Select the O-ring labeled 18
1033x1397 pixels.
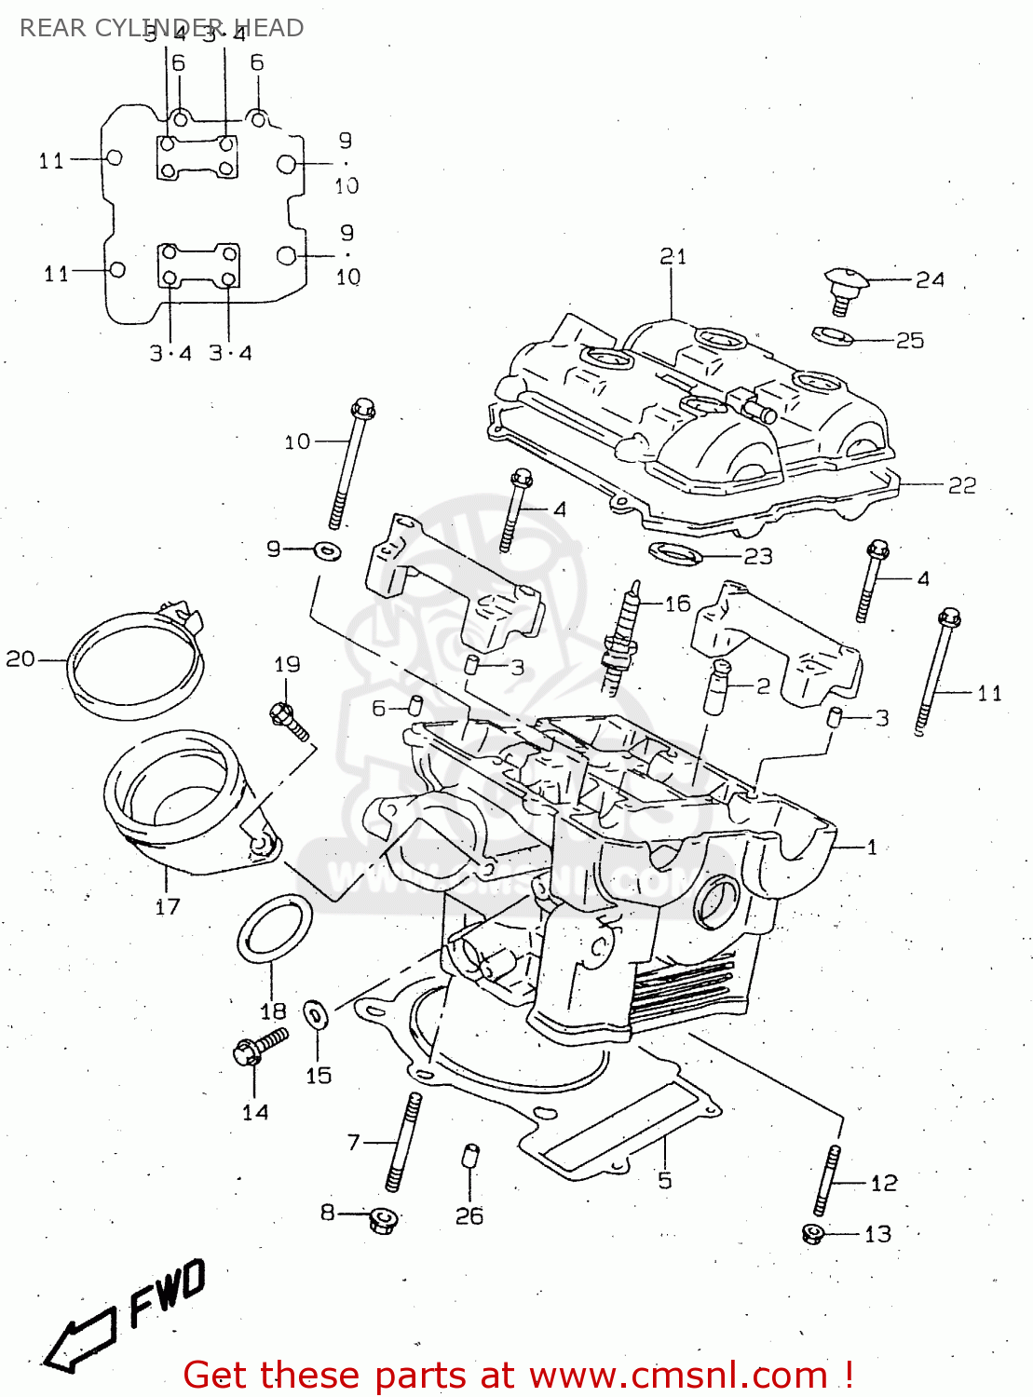tap(273, 929)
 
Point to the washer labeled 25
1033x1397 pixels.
tap(832, 334)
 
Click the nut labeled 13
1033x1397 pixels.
tap(812, 1234)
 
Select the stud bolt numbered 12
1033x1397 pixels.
tap(827, 1181)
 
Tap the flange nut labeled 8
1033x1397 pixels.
tap(382, 1219)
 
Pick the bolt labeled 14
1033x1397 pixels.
tap(258, 1047)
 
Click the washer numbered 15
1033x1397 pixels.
tap(316, 1014)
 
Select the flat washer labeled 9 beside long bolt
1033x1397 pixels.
tap(327, 551)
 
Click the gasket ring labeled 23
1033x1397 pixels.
tap(674, 554)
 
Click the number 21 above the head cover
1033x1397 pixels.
tap(673, 257)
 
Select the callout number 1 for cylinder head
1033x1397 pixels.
tap(872, 848)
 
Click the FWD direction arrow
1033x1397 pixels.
tap(84, 1339)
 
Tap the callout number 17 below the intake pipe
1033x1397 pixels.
tap(168, 906)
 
